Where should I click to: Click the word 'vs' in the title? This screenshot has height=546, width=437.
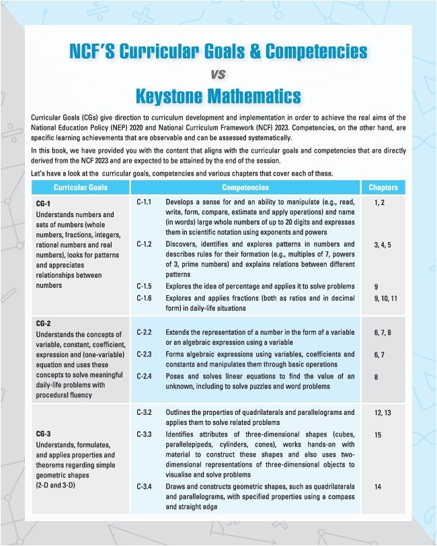click(x=218, y=73)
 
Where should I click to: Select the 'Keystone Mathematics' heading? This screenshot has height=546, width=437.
click(x=218, y=95)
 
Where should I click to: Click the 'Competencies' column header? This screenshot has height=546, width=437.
click(x=245, y=188)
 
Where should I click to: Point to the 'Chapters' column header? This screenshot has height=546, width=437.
click(x=383, y=188)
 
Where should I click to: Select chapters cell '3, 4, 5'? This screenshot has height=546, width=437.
click(x=383, y=247)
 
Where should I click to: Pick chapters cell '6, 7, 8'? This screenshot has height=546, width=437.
click(x=383, y=332)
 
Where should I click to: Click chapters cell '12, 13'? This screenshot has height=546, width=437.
click(x=382, y=412)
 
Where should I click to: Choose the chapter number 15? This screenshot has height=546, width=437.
click(x=378, y=435)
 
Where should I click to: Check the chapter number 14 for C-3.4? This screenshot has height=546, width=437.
click(x=378, y=485)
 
